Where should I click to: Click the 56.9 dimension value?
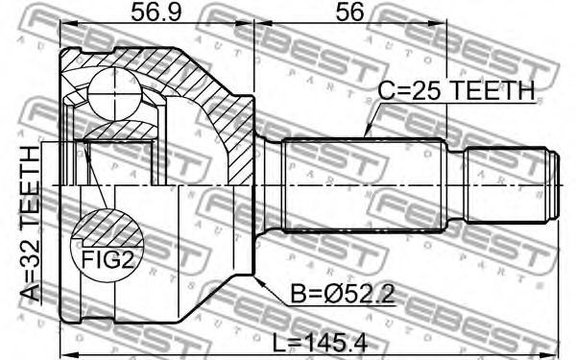tap(156, 12)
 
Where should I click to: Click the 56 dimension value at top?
tap(349, 12)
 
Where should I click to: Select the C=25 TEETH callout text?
tap(456, 91)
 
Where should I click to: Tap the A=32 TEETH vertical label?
tap(30, 224)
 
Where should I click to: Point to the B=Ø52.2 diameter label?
tap(343, 294)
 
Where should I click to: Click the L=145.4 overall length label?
tap(321, 344)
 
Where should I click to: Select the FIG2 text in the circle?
tap(107, 260)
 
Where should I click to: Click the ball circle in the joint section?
tap(115, 93)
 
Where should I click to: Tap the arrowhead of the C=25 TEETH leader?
tap(367, 133)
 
